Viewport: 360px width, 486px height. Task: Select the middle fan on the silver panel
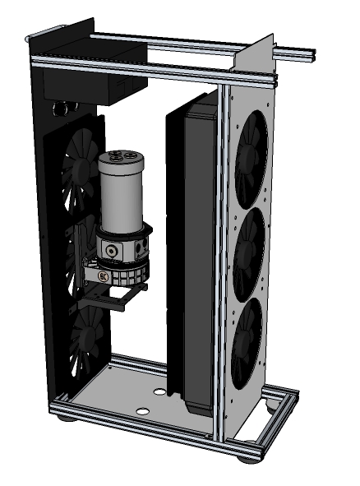[x=249, y=248]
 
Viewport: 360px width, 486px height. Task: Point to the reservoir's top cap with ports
[x=124, y=156]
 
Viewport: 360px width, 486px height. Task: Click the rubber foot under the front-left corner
[x=65, y=418]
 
